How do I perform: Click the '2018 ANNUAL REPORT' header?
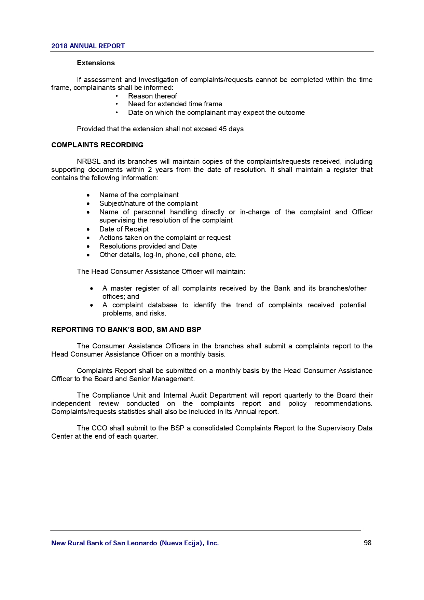[x=88, y=46]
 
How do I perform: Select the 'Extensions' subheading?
[x=96, y=63]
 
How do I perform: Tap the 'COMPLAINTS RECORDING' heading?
[x=97, y=145]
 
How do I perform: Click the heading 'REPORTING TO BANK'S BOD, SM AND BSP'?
[x=126, y=330]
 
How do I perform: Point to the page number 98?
[x=367, y=543]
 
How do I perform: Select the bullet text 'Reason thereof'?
[x=152, y=96]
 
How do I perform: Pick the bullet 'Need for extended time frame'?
[x=175, y=104]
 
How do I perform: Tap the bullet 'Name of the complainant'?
[x=139, y=195]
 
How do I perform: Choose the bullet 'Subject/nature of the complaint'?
[x=148, y=203]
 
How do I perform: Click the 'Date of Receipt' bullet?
[x=124, y=229]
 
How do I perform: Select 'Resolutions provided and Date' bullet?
[x=148, y=246]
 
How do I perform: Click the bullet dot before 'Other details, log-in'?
[x=88, y=255]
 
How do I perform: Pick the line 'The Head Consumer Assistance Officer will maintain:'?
[x=161, y=271]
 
